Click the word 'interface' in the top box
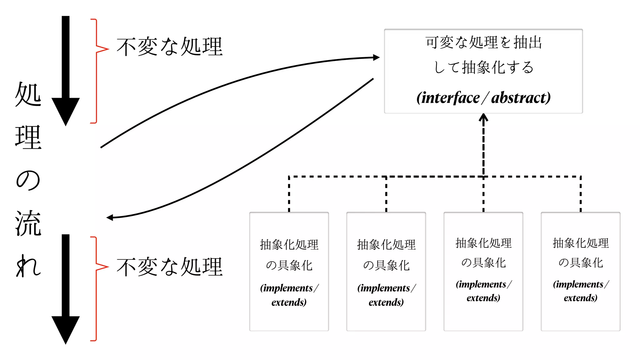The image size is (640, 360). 450,98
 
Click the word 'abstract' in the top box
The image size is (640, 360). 519,98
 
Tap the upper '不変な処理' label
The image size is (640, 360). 169,47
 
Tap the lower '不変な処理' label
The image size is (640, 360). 169,267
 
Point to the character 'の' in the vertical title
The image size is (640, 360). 28,180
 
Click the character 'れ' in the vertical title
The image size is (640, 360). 28,266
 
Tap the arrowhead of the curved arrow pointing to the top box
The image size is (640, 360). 376,57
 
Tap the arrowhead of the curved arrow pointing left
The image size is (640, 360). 110,217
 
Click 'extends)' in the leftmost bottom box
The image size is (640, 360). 289,302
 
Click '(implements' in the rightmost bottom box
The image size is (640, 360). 578,284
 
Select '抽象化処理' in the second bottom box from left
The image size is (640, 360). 386,244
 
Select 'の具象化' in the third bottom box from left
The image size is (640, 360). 483,262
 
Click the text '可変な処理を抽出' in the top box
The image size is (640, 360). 483,42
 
